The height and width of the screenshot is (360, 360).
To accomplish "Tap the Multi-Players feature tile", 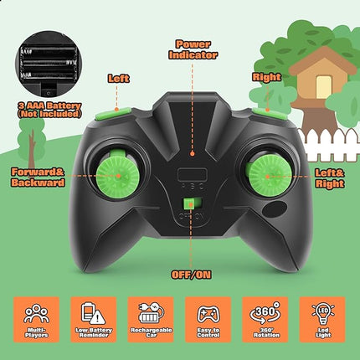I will click(x=36, y=318).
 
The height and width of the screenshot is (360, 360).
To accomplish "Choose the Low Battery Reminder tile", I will click(x=94, y=318).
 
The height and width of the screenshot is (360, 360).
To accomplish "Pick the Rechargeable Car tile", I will click(x=151, y=318).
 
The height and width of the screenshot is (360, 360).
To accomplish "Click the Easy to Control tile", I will click(x=208, y=318).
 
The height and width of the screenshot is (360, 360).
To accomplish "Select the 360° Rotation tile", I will click(x=266, y=318).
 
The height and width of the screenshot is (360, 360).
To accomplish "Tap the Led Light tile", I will click(x=323, y=318).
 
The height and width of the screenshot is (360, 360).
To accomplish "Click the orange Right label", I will click(x=266, y=76).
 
